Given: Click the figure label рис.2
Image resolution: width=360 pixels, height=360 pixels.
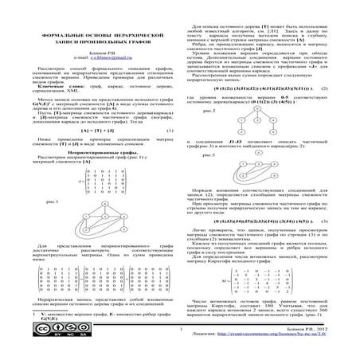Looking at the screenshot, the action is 208,112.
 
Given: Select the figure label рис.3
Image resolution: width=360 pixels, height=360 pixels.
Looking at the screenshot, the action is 208,155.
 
